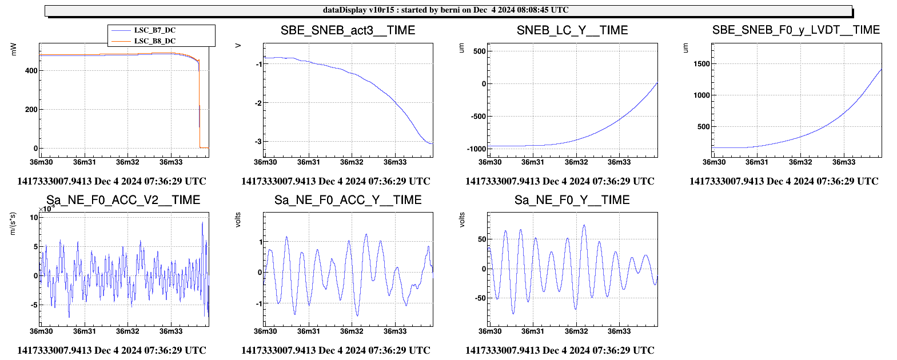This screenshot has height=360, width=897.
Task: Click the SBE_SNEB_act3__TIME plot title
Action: coord(348,30)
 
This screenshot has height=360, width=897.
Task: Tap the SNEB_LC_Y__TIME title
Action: coord(572,30)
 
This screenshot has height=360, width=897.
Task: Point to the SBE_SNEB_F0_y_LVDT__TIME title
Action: coord(796,30)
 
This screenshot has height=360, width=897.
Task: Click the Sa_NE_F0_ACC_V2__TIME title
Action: coord(123,200)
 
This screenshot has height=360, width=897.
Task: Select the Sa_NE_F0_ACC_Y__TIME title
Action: coord(348,200)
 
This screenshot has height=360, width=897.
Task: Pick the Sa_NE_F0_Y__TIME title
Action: coord(572,200)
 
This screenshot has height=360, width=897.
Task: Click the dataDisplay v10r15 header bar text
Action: coord(445,10)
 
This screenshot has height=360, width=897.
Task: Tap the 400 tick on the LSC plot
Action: coord(31,71)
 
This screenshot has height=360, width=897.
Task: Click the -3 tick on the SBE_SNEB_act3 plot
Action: coord(258,142)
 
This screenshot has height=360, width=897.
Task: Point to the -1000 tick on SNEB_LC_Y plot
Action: coord(476,149)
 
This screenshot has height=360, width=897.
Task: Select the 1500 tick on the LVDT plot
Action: coord(701,64)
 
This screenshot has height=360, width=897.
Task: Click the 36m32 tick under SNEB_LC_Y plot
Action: coord(576,162)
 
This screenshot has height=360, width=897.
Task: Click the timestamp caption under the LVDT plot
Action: coord(784,181)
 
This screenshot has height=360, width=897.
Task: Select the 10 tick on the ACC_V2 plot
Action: coord(34,218)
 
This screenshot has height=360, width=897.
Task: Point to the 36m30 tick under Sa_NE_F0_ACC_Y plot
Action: coord(265,331)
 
